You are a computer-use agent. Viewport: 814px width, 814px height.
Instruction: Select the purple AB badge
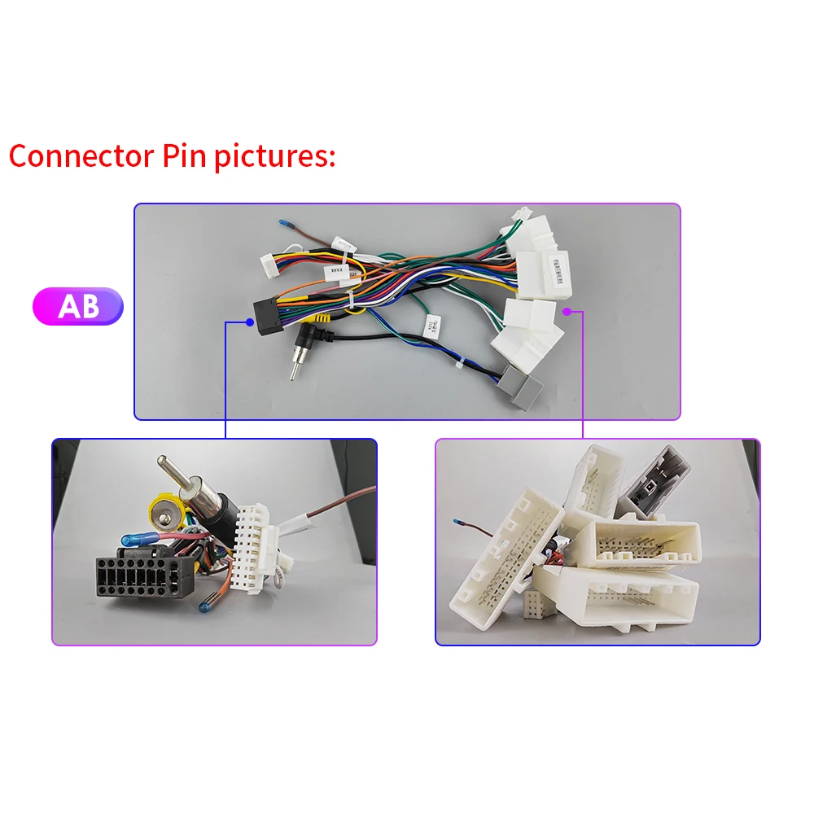77,306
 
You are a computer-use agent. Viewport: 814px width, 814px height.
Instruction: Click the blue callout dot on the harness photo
249,322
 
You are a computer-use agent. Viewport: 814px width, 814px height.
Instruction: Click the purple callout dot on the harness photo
567,311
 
